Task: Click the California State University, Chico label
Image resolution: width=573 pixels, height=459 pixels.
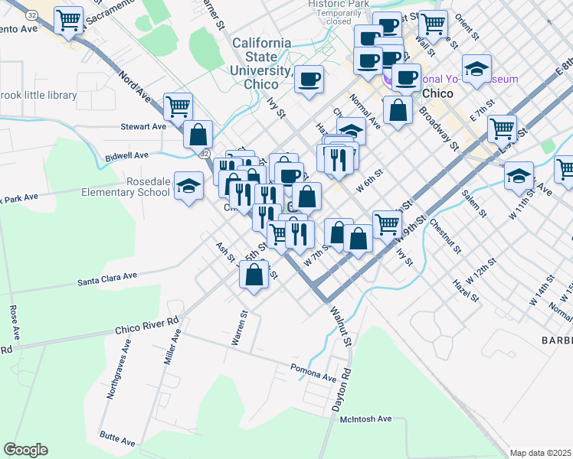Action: coord(261,63)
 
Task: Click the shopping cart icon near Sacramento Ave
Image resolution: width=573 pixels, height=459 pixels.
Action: coord(70,21)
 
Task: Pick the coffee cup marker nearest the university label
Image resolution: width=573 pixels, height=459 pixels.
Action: coord(309,79)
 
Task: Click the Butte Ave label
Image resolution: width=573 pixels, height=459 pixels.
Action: coord(117,438)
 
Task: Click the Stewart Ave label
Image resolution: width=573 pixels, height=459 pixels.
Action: coord(142,126)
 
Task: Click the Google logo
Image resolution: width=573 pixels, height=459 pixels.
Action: coord(25,450)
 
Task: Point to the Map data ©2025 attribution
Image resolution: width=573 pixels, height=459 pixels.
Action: coord(540,453)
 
